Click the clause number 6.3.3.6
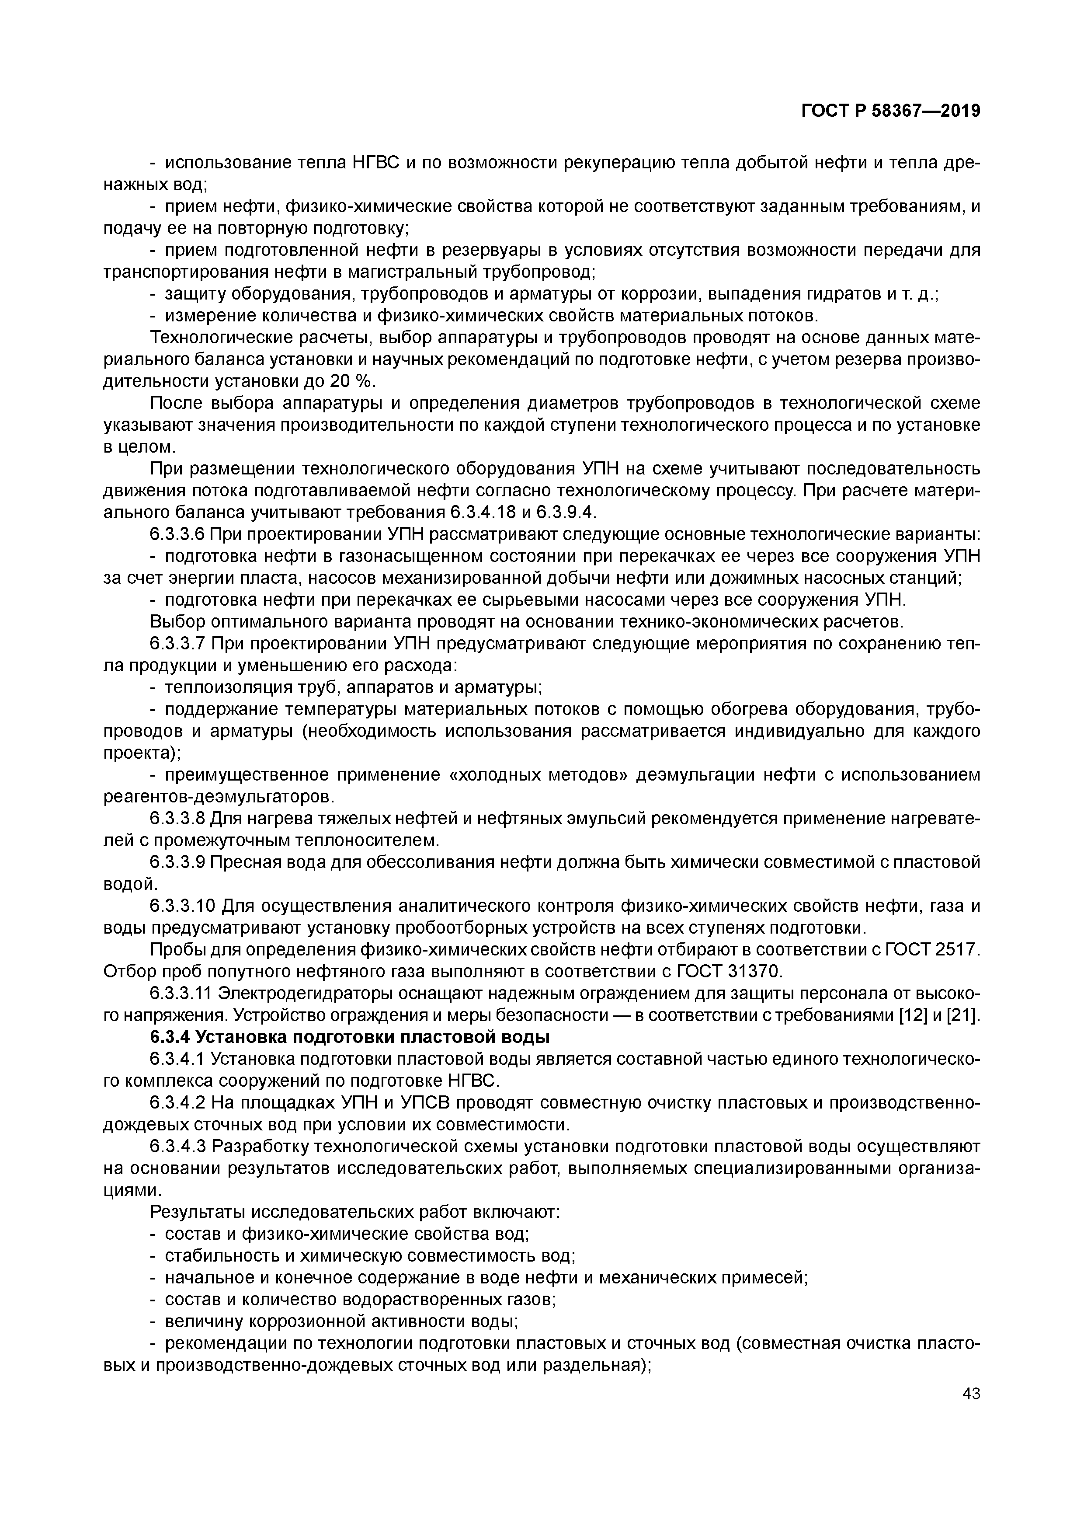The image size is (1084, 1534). coord(177,534)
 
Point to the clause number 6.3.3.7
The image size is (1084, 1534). coord(177,643)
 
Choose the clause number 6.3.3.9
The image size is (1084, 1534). coord(177,862)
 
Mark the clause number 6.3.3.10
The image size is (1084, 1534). coord(183,906)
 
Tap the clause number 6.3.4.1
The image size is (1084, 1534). coord(177,1059)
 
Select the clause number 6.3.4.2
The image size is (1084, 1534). coord(177,1103)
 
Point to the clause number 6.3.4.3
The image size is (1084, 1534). coord(177,1147)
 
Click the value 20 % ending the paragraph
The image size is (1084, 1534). coord(352,381)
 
